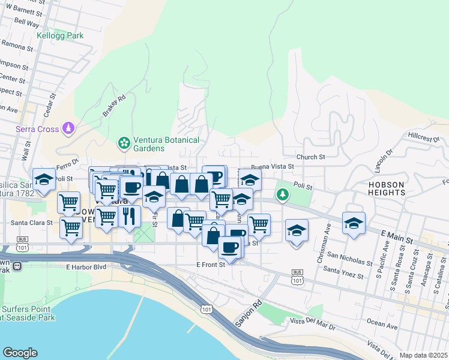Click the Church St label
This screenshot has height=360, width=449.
(310, 157)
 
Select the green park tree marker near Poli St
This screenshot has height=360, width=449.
(282, 195)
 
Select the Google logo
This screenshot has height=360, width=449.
(20, 353)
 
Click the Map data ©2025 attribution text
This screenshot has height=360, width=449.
(423, 355)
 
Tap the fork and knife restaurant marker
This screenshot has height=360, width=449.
(130, 216)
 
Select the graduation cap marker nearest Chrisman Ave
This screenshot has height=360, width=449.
(297, 230)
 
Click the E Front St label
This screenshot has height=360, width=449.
(210, 264)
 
